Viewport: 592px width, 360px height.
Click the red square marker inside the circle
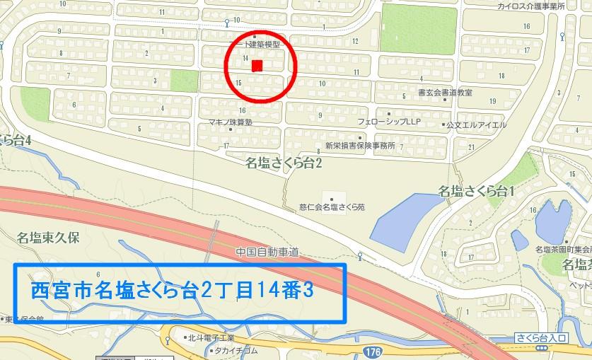click(x=257, y=66)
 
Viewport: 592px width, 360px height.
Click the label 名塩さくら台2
click(x=284, y=164)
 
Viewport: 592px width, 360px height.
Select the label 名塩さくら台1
click(x=476, y=190)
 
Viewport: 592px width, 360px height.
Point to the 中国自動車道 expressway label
click(x=267, y=251)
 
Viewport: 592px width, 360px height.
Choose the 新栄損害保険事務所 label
click(x=359, y=146)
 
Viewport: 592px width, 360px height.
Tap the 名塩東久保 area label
click(x=49, y=238)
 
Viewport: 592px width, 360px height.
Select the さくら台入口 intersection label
click(x=538, y=339)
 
